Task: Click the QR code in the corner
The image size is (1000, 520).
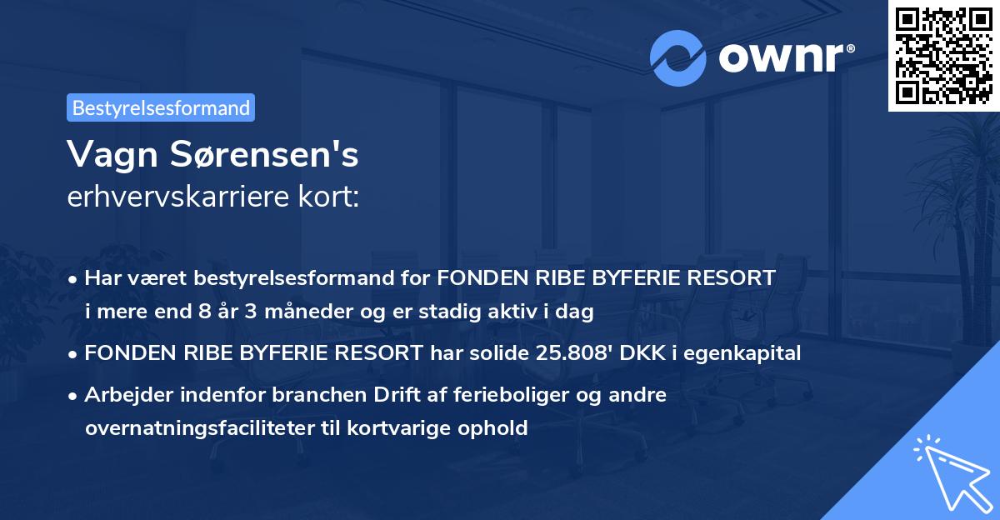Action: pos(943,55)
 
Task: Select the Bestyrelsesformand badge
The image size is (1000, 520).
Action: pos(161,107)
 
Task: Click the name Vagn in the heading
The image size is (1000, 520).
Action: pos(106,154)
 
